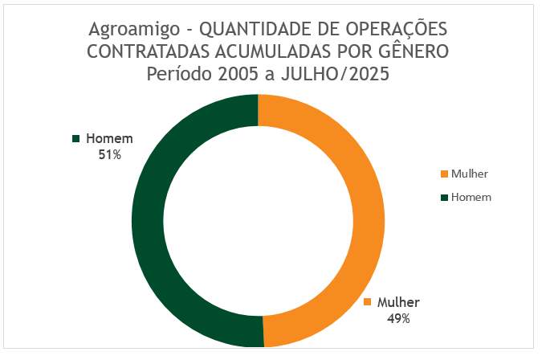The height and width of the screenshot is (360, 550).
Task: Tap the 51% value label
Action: click(109, 154)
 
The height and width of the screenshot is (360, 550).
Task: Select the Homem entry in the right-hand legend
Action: click(471, 197)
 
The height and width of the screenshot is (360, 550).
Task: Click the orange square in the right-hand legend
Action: click(445, 174)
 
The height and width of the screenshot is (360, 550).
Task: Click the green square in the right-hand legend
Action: click(445, 197)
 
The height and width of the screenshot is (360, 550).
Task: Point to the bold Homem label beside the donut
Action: click(109, 138)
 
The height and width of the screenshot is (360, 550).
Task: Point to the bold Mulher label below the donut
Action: click(398, 303)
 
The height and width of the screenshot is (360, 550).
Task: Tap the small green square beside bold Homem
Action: click(77, 138)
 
